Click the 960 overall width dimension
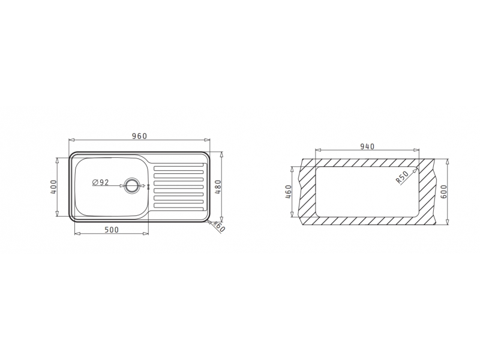pyautogui.click(x=140, y=136)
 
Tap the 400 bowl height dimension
pyautogui.click(x=53, y=187)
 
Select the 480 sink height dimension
pyautogui.click(x=218, y=187)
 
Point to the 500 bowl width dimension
pyautogui.click(x=112, y=230)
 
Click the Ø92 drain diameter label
pyautogui.click(x=100, y=182)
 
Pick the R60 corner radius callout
pyautogui.click(x=219, y=226)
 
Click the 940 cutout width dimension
pyautogui.click(x=367, y=146)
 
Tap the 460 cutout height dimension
pyautogui.click(x=288, y=191)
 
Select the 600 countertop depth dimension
pyautogui.click(x=445, y=191)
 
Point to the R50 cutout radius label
pyautogui.click(x=402, y=177)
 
